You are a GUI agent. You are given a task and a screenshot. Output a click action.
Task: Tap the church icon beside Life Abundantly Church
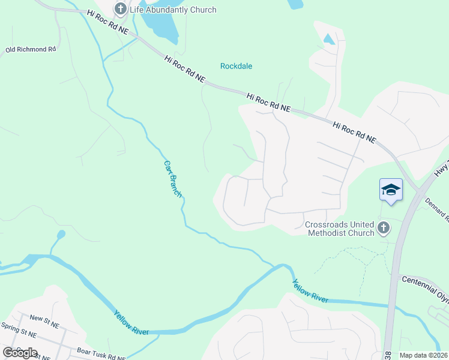121,9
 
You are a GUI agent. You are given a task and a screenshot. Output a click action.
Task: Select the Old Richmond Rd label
31,49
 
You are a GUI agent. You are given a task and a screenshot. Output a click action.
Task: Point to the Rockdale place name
239,66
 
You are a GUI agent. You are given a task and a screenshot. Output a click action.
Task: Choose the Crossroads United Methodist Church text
340,229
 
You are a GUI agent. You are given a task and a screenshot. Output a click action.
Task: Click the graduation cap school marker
391,190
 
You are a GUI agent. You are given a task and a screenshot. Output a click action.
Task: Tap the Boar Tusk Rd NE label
101,353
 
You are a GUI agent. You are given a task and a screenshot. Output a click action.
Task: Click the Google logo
20,352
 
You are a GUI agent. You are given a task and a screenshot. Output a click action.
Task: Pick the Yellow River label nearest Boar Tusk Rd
132,322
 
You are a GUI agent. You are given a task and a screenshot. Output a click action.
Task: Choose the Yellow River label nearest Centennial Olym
310,290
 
